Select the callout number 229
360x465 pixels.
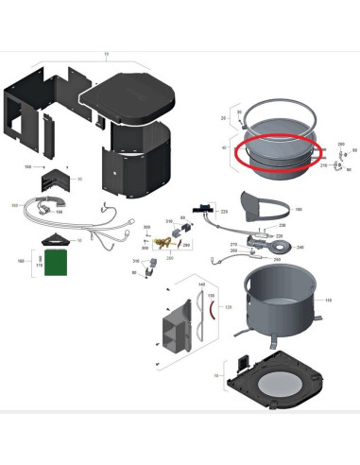tap(224, 214)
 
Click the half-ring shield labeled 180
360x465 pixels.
tap(264, 204)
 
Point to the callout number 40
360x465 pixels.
tap(224, 148)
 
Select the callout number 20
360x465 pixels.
tap(224, 118)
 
